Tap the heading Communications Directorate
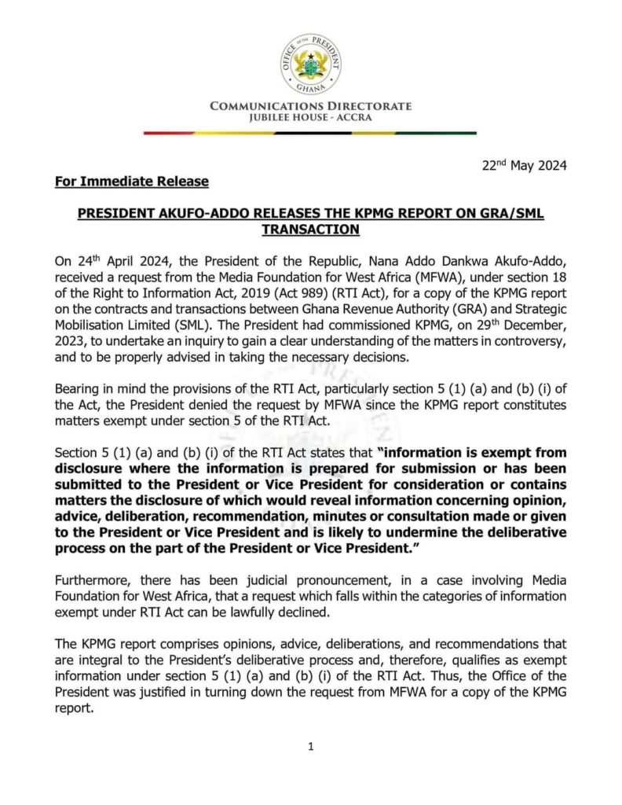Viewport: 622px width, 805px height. (310, 107)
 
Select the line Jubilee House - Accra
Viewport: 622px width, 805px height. (310, 118)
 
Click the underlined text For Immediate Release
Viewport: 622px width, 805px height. (132, 182)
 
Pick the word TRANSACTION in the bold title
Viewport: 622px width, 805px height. (310, 229)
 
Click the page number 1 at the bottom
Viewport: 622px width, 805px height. (311, 747)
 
